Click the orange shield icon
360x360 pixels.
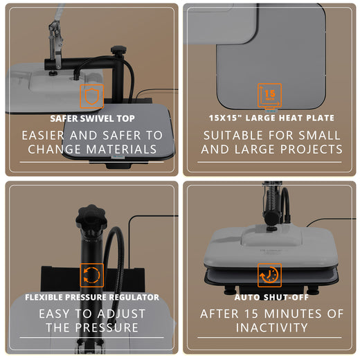[91, 96]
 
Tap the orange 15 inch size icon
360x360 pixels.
[269, 96]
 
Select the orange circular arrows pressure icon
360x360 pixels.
[91, 275]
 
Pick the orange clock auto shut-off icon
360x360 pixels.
[269, 275]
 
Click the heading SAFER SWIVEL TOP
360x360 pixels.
[92, 118]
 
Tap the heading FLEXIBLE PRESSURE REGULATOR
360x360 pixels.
[92, 297]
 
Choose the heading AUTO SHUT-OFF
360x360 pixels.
[270, 297]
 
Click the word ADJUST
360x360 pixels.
[119, 314]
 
